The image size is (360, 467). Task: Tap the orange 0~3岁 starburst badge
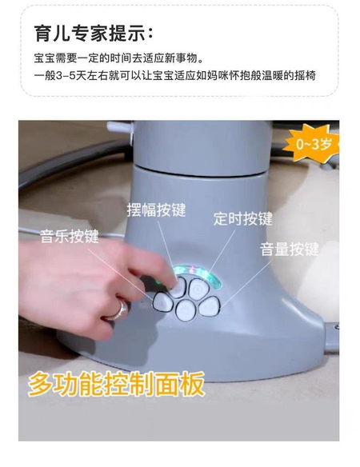coord(312,145)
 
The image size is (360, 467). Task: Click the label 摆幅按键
coord(156,210)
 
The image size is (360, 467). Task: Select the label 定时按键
coord(243,218)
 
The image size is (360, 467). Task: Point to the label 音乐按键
coord(70,237)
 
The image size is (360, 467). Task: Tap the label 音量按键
coord(290,249)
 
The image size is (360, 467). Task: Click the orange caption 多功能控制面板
coord(117,384)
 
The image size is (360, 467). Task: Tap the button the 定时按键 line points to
coord(199,288)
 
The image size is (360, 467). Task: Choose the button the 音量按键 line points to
coord(210,306)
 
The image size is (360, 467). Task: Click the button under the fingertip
coord(178,288)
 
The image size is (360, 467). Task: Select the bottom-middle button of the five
coord(186,310)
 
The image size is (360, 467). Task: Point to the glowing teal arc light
coord(199,272)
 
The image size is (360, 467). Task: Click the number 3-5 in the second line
coord(66,76)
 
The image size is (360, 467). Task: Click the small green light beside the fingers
coord(157,281)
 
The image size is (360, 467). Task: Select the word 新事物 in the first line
coord(181,58)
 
